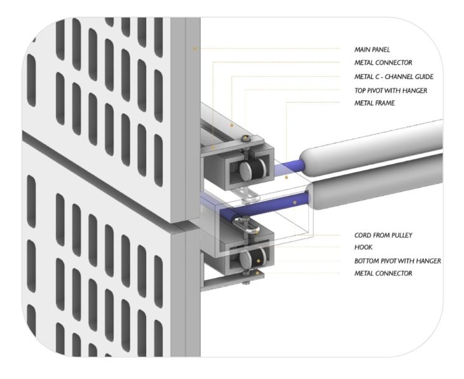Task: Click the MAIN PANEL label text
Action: pyautogui.click(x=372, y=50)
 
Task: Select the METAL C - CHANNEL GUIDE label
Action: pyautogui.click(x=394, y=77)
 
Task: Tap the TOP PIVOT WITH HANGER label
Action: pyautogui.click(x=391, y=90)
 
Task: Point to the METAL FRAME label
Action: pyautogui.click(x=374, y=103)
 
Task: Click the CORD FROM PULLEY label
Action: pyautogui.click(x=383, y=235)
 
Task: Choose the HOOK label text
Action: pyautogui.click(x=364, y=247)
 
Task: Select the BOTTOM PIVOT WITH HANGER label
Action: pyautogui.click(x=398, y=261)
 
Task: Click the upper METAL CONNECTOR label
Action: pyautogui.click(x=383, y=62)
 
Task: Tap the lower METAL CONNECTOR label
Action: pyautogui.click(x=383, y=273)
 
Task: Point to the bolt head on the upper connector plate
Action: pyautogui.click(x=245, y=138)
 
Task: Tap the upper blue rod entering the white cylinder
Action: pyautogui.click(x=289, y=167)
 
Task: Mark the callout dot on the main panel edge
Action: pyautogui.click(x=194, y=48)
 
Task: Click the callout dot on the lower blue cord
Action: pyautogui.click(x=295, y=202)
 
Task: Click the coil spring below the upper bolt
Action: pyautogui.click(x=245, y=150)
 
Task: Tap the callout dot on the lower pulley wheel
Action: pyautogui.click(x=258, y=261)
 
